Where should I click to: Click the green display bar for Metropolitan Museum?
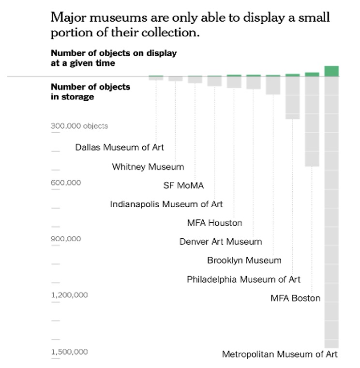331,71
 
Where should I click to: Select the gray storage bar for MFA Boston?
312,121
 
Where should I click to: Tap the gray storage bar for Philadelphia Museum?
293,97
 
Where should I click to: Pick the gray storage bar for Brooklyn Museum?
273,85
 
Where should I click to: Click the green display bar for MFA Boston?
312,74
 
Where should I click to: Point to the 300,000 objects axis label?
79,126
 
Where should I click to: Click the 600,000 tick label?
66,183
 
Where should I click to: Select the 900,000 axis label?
66,239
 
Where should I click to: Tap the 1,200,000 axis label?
70,295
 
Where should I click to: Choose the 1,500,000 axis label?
70,352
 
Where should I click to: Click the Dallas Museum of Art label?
120,147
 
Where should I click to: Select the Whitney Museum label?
148,167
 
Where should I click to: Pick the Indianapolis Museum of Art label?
166,204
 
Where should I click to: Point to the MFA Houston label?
214,223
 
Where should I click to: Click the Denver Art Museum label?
221,242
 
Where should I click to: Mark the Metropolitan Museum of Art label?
280,354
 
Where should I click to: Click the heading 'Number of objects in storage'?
90,92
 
